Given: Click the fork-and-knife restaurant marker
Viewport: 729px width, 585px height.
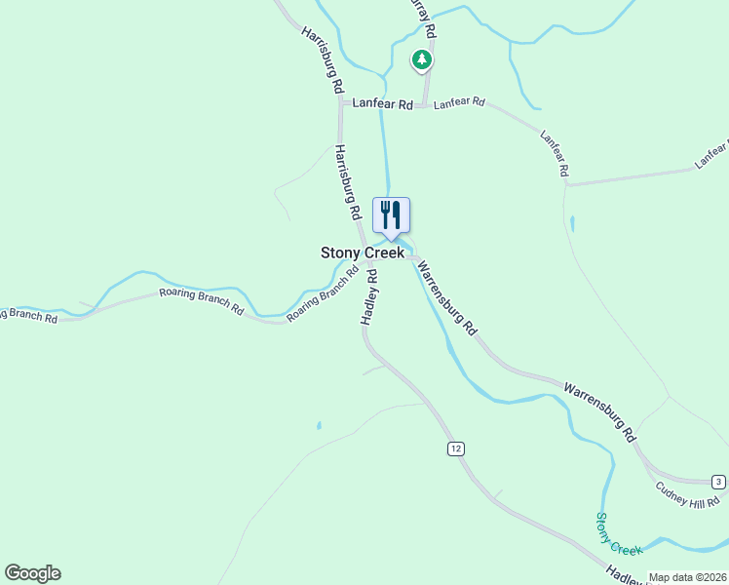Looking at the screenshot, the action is pos(391,215).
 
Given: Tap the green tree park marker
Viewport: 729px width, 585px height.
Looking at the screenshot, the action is pos(421,60).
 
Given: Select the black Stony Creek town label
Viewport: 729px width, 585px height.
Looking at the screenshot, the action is pos(363,253).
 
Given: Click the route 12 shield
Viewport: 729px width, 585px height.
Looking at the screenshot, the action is pos(456,448).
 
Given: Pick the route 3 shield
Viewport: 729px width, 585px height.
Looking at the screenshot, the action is pos(718,482).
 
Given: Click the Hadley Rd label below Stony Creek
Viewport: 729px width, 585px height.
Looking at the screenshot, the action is pos(369,297).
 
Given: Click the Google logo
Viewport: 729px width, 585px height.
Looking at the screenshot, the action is pos(32,573).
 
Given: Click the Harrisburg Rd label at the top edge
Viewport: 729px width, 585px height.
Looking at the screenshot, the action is pos(323,60).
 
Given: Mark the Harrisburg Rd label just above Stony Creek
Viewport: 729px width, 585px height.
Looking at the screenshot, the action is pos(348,182).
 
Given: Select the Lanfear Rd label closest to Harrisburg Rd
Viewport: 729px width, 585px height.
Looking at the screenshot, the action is pos(377,101).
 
